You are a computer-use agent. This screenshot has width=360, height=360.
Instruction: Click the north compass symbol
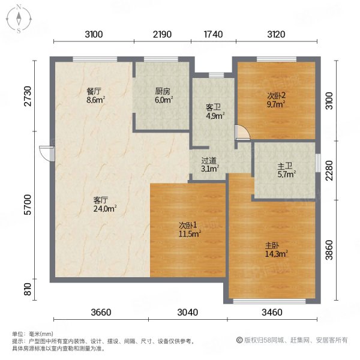pos(19,19)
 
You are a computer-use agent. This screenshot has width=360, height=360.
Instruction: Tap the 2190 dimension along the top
pos(163,34)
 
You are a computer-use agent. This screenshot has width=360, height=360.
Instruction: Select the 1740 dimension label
pos(213,34)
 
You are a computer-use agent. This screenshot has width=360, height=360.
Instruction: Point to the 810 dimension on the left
pos(28,289)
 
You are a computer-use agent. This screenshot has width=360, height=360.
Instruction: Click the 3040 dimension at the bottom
pos(188,312)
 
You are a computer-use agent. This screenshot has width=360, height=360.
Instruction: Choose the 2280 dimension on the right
pos(329,170)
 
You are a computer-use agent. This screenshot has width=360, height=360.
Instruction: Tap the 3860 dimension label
pos(329,250)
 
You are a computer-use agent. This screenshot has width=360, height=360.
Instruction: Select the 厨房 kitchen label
pos(163,91)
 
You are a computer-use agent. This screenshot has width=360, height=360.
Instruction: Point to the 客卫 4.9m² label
pos(215,112)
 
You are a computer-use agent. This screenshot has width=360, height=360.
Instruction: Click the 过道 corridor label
pos(209,160)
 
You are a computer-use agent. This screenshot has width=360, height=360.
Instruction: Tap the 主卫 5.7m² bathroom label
pos(286,170)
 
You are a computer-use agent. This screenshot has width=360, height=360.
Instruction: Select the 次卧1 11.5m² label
pos(190,230)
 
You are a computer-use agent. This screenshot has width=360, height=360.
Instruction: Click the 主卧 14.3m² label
pos(277,250)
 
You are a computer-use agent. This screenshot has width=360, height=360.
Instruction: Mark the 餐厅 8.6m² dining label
pos(95,95)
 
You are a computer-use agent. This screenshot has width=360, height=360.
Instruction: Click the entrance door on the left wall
pos(47,154)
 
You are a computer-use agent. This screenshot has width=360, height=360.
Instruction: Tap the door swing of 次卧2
pos(242,132)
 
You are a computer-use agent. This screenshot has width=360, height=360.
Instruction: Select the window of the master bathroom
pos(318,163)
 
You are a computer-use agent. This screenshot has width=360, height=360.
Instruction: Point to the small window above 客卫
pos(216,75)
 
